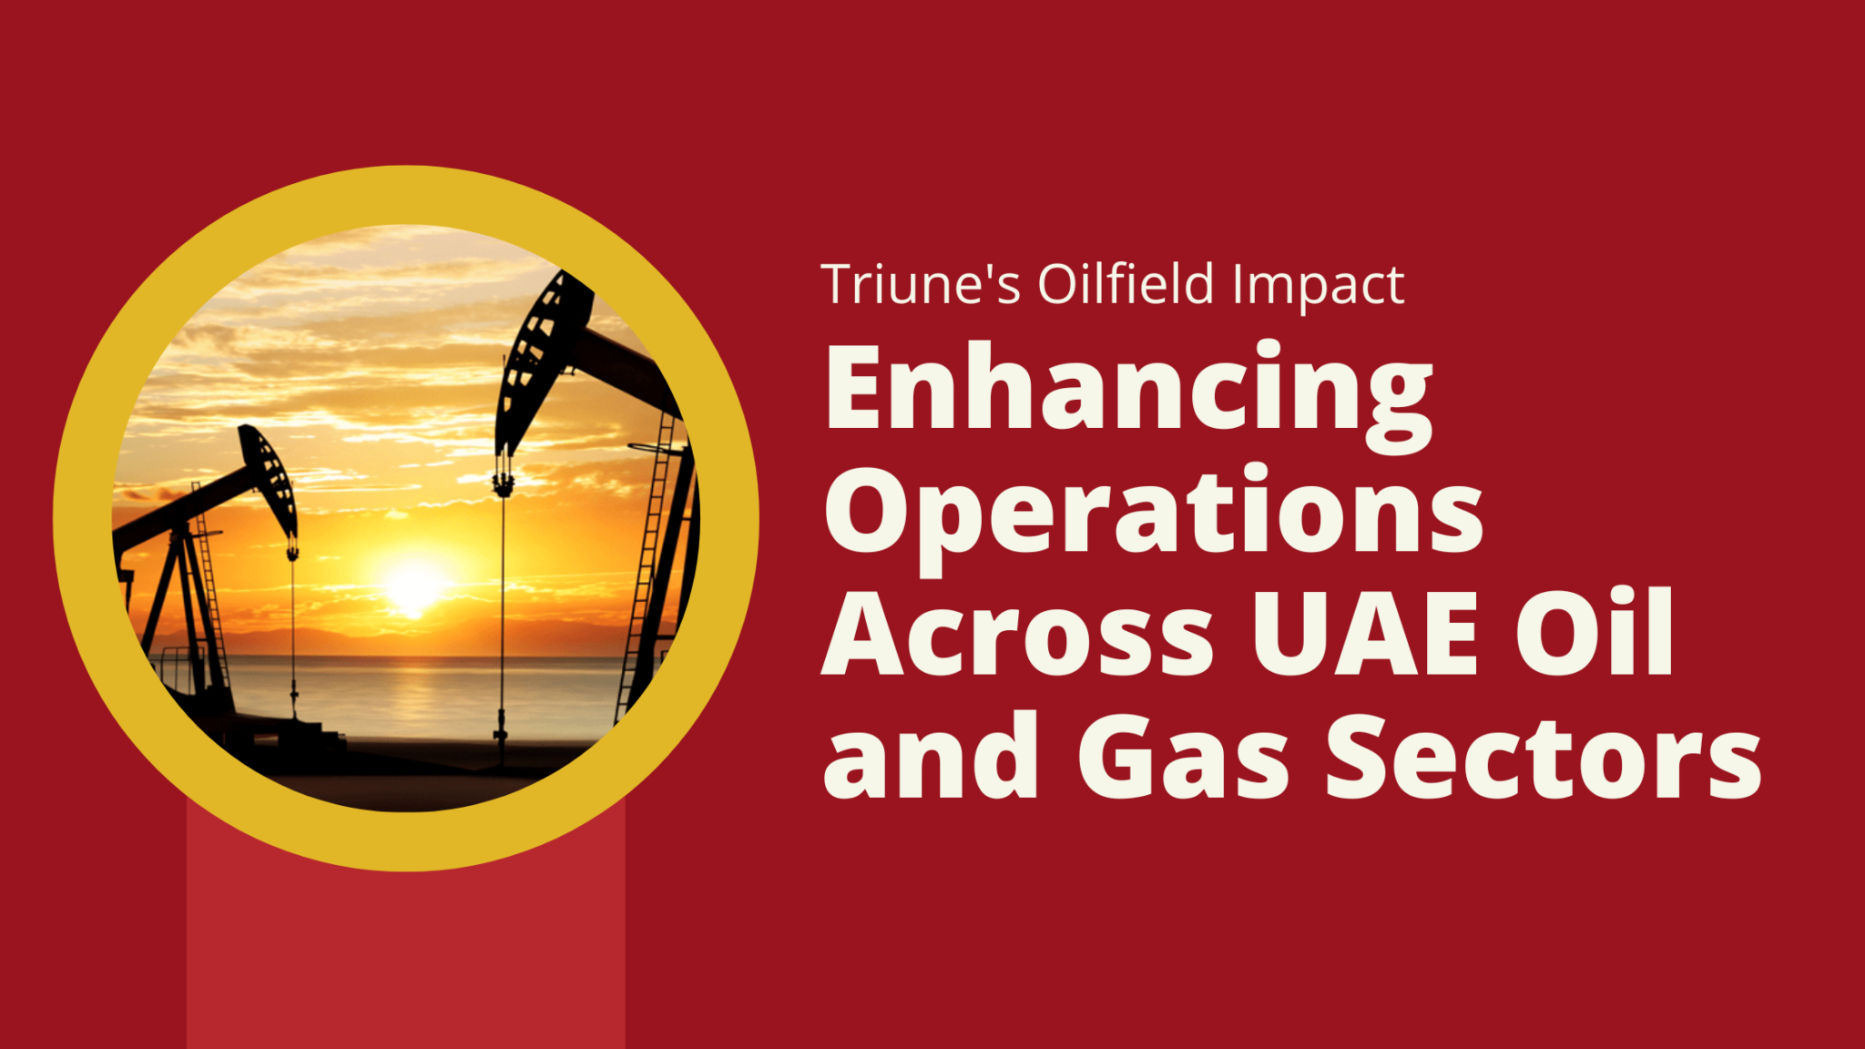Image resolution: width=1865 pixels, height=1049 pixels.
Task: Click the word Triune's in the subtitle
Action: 920,285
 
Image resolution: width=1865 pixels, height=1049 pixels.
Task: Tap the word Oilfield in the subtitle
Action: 1126,285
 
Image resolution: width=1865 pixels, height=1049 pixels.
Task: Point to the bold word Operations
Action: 1153,514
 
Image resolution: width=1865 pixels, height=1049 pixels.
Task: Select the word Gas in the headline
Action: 1183,758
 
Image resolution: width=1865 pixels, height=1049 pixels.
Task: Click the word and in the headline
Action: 930,758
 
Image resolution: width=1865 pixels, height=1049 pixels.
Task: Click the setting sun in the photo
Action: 414,587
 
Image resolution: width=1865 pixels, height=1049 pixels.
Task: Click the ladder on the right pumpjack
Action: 648,565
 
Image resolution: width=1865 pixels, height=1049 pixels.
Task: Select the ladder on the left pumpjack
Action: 209,592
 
